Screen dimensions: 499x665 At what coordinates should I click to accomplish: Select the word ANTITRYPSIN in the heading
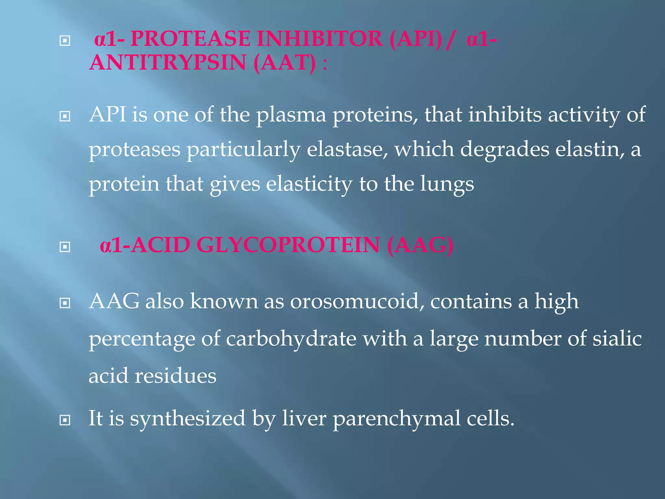click(168, 62)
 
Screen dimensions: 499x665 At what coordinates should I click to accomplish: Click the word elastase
click(347, 149)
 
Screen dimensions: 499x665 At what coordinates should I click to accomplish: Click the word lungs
click(447, 184)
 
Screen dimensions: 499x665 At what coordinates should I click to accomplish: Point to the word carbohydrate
click(291, 339)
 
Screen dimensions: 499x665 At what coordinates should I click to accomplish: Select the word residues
click(175, 376)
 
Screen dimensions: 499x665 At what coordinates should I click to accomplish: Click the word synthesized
click(188, 418)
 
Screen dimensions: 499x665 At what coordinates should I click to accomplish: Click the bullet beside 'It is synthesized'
click(65, 420)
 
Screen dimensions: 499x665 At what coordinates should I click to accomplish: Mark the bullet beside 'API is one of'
click(65, 116)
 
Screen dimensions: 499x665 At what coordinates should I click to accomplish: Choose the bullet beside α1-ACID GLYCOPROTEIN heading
click(65, 247)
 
